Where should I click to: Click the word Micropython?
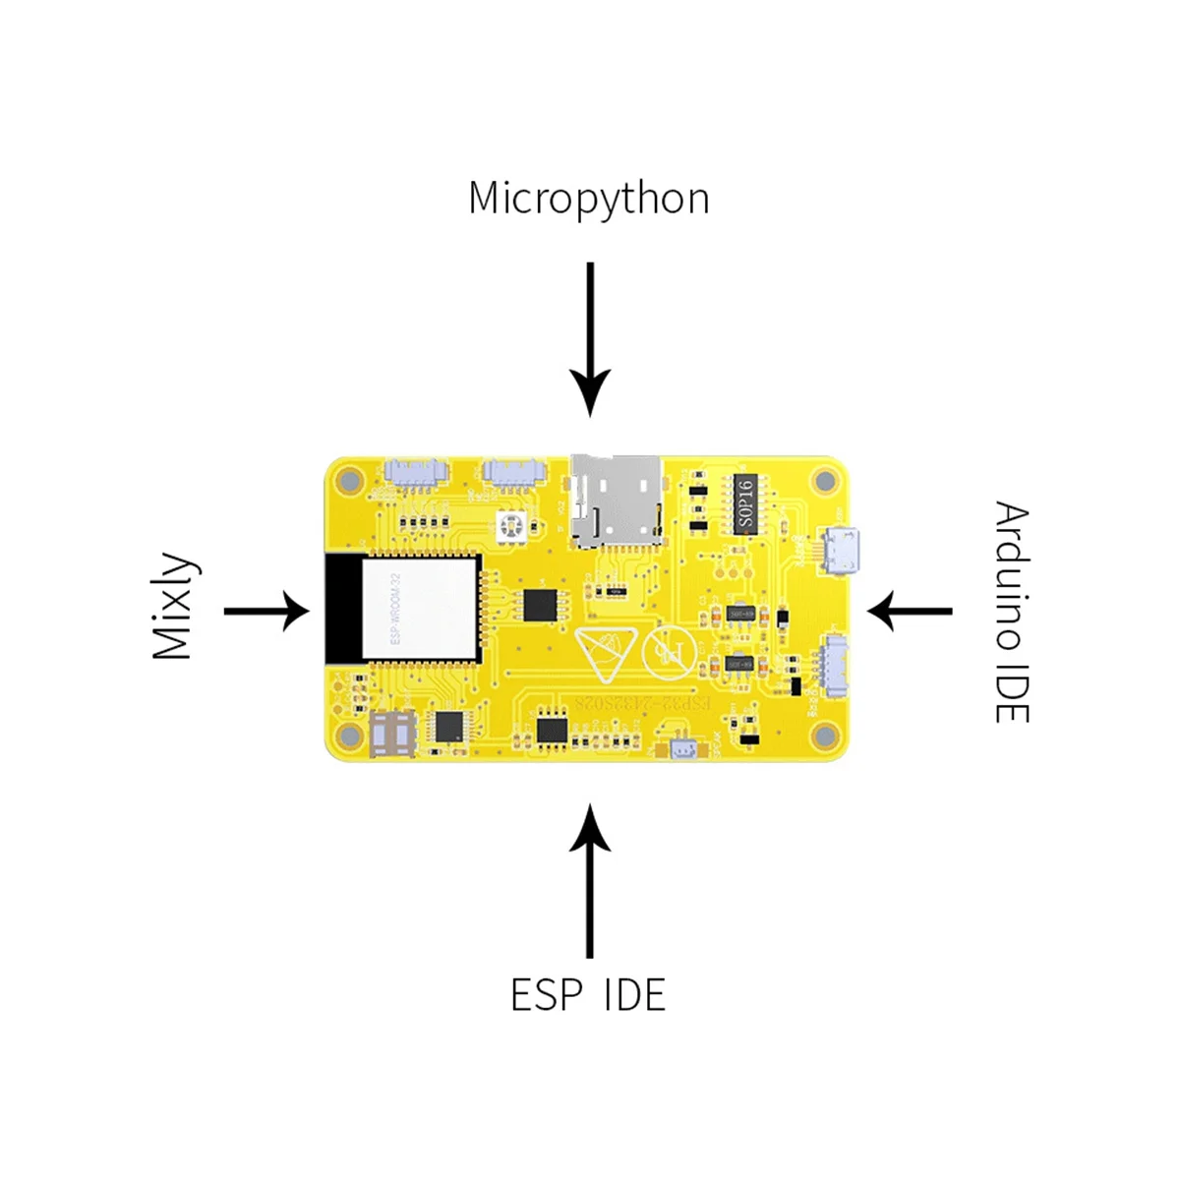(588, 199)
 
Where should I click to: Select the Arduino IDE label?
(1011, 613)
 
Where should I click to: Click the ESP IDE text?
(588, 995)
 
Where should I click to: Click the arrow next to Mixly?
(265, 611)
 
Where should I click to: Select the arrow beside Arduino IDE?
(911, 611)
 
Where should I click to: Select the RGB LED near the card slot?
(511, 526)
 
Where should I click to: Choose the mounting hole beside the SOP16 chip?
(824, 481)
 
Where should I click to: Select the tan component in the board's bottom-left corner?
(393, 733)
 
